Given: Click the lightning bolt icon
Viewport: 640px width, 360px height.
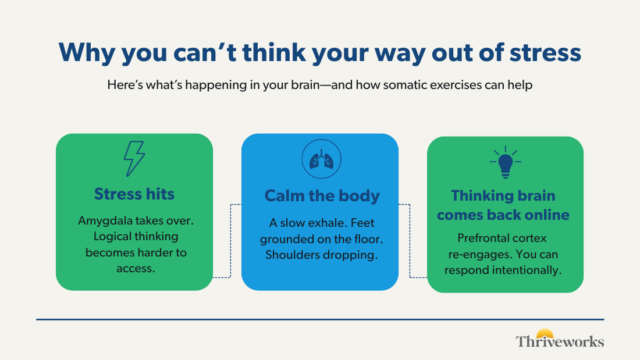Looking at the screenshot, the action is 134,159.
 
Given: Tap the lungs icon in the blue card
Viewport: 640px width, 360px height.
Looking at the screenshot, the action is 321,159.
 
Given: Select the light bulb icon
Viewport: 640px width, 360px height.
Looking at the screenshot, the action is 505,162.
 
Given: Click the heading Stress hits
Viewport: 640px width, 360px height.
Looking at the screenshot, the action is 134,194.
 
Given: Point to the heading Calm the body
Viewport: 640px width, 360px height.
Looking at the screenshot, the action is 322,195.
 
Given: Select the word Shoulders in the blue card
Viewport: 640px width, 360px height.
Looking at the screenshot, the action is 291,255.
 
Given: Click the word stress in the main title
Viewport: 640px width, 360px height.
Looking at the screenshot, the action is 545,53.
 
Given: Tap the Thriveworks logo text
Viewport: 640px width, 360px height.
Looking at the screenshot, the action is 560,341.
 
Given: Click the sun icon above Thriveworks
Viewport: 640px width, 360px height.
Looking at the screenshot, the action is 545,333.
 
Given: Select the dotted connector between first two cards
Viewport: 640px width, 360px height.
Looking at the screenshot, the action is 230,241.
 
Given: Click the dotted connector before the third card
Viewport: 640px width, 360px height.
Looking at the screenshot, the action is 410,241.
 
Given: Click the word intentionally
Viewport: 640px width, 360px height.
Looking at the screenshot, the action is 527,270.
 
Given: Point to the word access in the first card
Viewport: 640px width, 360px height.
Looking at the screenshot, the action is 136,269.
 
